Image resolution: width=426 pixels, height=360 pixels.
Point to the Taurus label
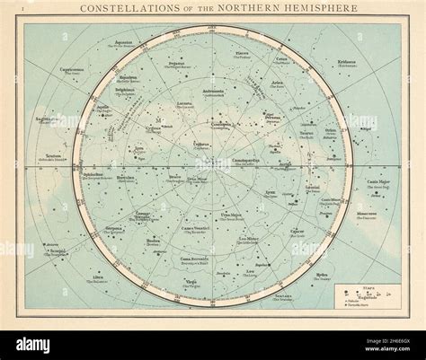point(306,134)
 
